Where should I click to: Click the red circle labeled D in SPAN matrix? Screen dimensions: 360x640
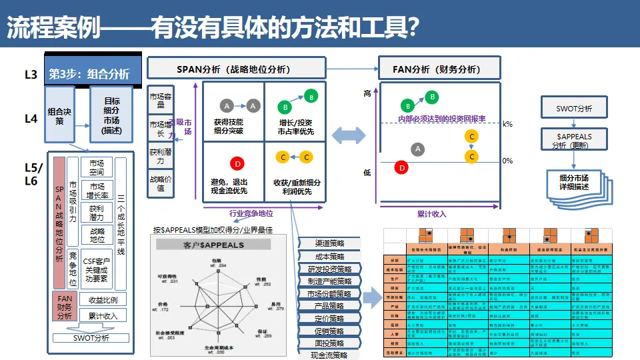pyautogui.click(x=237, y=163)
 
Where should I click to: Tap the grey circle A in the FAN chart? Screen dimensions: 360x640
pyautogui.click(x=418, y=149)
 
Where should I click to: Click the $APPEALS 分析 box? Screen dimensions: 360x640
pyautogui.click(x=574, y=140)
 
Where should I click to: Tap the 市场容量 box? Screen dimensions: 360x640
pyautogui.click(x=160, y=99)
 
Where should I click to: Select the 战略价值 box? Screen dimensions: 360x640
pyautogui.click(x=160, y=183)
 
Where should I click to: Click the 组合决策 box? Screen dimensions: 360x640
pyautogui.click(x=59, y=115)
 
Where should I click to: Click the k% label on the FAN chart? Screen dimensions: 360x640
pyautogui.click(x=507, y=124)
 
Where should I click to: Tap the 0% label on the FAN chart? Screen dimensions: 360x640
pyautogui.click(x=507, y=161)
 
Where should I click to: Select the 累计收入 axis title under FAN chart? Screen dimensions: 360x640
pyautogui.click(x=431, y=214)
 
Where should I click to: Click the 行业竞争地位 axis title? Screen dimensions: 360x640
pyautogui.click(x=251, y=214)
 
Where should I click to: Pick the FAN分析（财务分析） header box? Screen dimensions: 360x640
pyautogui.click(x=439, y=69)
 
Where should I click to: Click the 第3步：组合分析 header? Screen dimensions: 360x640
pyautogui.click(x=93, y=73)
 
